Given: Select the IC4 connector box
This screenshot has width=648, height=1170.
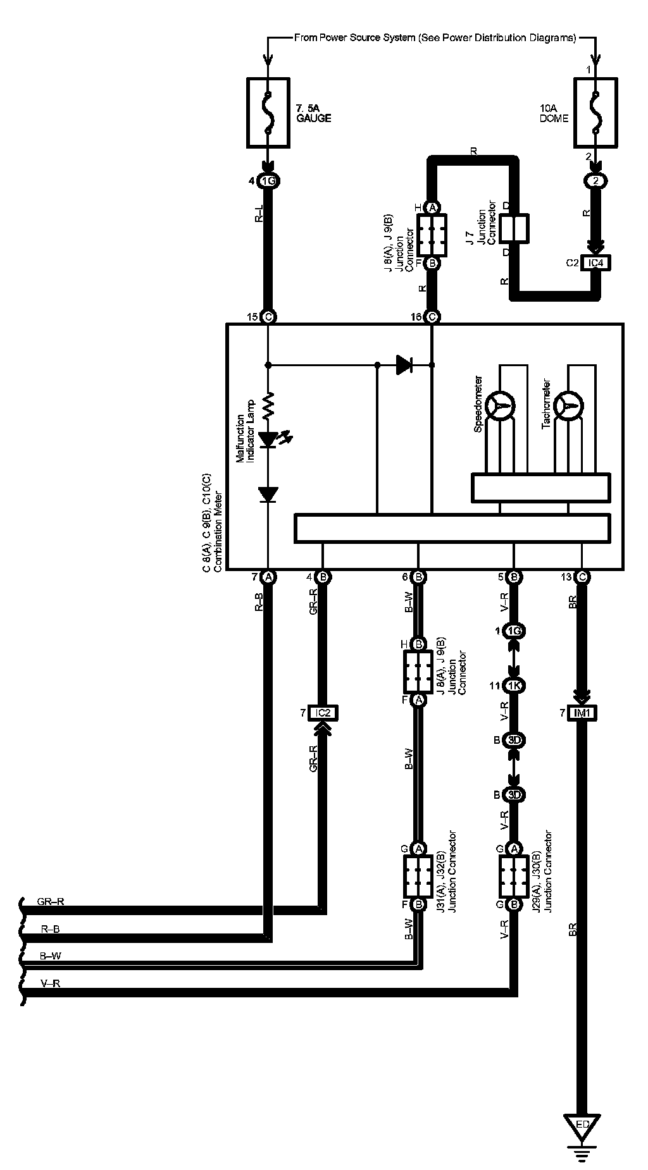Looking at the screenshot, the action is (x=595, y=262).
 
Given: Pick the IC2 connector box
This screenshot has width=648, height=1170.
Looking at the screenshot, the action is (x=322, y=713).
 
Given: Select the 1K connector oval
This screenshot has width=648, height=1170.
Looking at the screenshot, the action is (x=514, y=686).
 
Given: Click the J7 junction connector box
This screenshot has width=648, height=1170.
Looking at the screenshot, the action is (x=514, y=228).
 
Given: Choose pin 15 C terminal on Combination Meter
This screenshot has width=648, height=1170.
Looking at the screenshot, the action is (x=268, y=316).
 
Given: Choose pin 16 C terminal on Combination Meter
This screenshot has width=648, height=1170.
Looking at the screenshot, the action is (x=432, y=316).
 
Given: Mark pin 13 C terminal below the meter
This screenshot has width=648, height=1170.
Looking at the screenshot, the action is (x=582, y=576).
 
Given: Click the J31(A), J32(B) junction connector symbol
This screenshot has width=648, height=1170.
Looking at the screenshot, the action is (x=418, y=876).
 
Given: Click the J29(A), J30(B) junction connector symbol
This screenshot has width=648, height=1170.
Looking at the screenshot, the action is (x=514, y=876).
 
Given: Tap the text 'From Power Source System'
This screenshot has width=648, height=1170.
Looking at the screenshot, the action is (x=354, y=38).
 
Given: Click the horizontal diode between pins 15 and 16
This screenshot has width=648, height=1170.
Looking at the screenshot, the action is (x=404, y=364).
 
